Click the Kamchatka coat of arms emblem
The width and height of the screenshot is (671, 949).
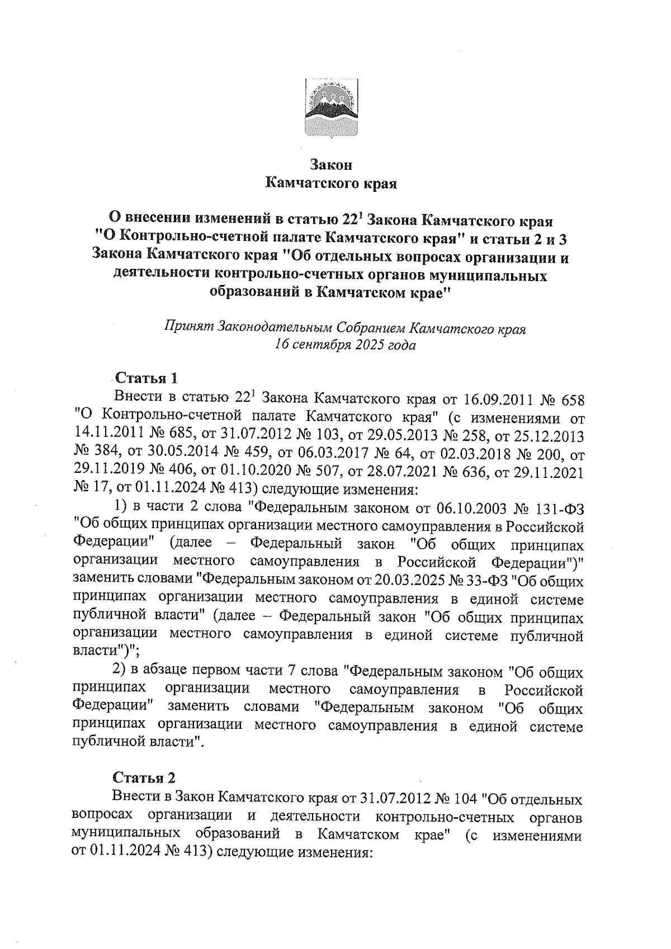click(x=331, y=108)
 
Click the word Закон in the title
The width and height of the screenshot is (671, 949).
click(x=331, y=165)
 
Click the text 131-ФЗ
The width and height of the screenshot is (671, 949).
click(x=560, y=508)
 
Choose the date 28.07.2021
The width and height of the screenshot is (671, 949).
click(x=402, y=472)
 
